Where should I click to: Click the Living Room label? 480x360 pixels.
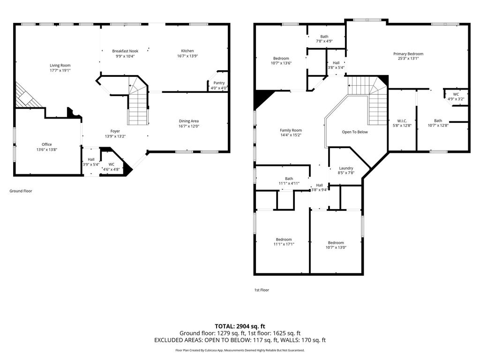pyautogui.click(x=60, y=65)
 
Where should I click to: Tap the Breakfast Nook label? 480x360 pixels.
pyautogui.click(x=125, y=51)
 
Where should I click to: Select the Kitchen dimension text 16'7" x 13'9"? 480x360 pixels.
pyautogui.click(x=187, y=56)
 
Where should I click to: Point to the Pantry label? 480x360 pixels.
pyautogui.click(x=219, y=83)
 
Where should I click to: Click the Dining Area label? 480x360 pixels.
pyautogui.click(x=189, y=121)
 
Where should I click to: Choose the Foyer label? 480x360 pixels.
pyautogui.click(x=115, y=131)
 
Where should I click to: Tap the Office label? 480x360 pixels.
pyautogui.click(x=47, y=144)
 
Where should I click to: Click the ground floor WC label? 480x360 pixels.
pyautogui.click(x=112, y=165)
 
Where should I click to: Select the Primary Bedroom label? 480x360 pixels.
pyautogui.click(x=408, y=54)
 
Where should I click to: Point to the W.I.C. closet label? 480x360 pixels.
pyautogui.click(x=402, y=121)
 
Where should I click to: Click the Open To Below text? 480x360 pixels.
pyautogui.click(x=355, y=132)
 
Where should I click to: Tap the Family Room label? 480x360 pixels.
pyautogui.click(x=291, y=130)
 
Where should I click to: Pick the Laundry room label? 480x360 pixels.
pyautogui.click(x=346, y=168)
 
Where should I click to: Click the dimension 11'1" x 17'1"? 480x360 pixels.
pyautogui.click(x=284, y=244)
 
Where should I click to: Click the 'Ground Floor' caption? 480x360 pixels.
pyautogui.click(x=21, y=191)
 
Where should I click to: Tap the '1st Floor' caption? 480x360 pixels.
pyautogui.click(x=262, y=290)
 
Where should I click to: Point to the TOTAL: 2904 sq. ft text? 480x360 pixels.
pyautogui.click(x=240, y=326)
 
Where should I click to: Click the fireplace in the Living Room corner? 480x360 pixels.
pyautogui.click(x=28, y=97)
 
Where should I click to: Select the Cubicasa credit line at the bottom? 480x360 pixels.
pyautogui.click(x=240, y=350)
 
